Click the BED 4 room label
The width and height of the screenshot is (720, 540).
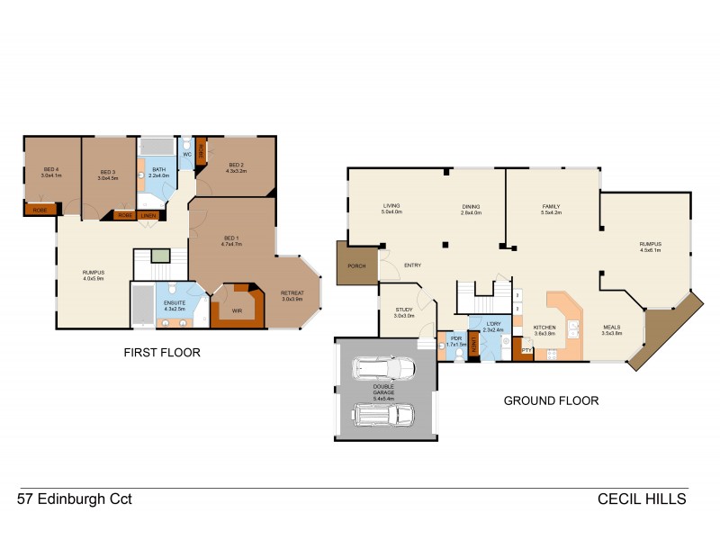50,170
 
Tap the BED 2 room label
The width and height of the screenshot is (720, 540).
236,166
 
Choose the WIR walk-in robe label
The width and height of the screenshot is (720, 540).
238,310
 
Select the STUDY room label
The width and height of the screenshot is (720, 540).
402,311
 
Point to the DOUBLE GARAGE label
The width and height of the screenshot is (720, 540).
384,390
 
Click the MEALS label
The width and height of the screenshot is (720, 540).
612,328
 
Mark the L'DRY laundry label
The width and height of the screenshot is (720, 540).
490,326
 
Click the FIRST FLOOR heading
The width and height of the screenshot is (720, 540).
162,353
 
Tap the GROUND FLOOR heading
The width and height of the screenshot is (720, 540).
551,400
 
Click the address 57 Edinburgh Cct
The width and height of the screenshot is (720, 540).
75,498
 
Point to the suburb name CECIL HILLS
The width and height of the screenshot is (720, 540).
643,498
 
